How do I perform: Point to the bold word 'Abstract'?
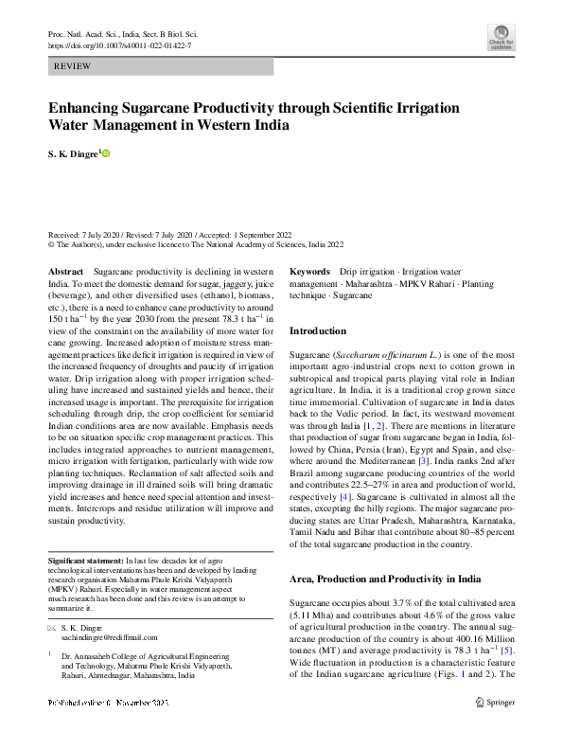(65, 271)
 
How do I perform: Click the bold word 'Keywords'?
(309, 271)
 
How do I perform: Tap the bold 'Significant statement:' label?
(86, 562)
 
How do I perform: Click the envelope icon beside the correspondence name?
(51, 628)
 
